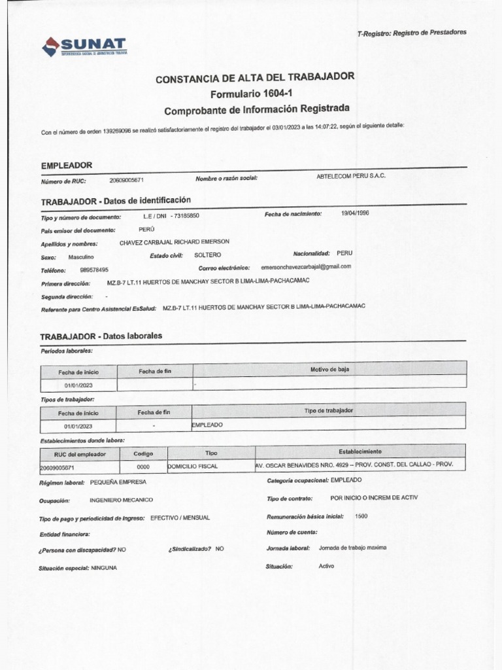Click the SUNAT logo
[84, 46]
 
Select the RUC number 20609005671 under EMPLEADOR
[126, 180]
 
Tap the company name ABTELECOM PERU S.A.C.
[351, 177]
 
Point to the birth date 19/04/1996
[355, 213]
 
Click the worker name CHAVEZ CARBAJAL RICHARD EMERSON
[175, 242]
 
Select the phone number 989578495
[94, 270]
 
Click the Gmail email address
[306, 267]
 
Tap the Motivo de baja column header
[329, 370]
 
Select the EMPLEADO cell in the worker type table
[207, 425]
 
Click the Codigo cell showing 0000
[143, 467]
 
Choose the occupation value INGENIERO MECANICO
[121, 500]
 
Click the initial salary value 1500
[361, 516]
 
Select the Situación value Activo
[326, 565]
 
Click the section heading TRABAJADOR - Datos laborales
[101, 336]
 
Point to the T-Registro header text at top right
[412, 33]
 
